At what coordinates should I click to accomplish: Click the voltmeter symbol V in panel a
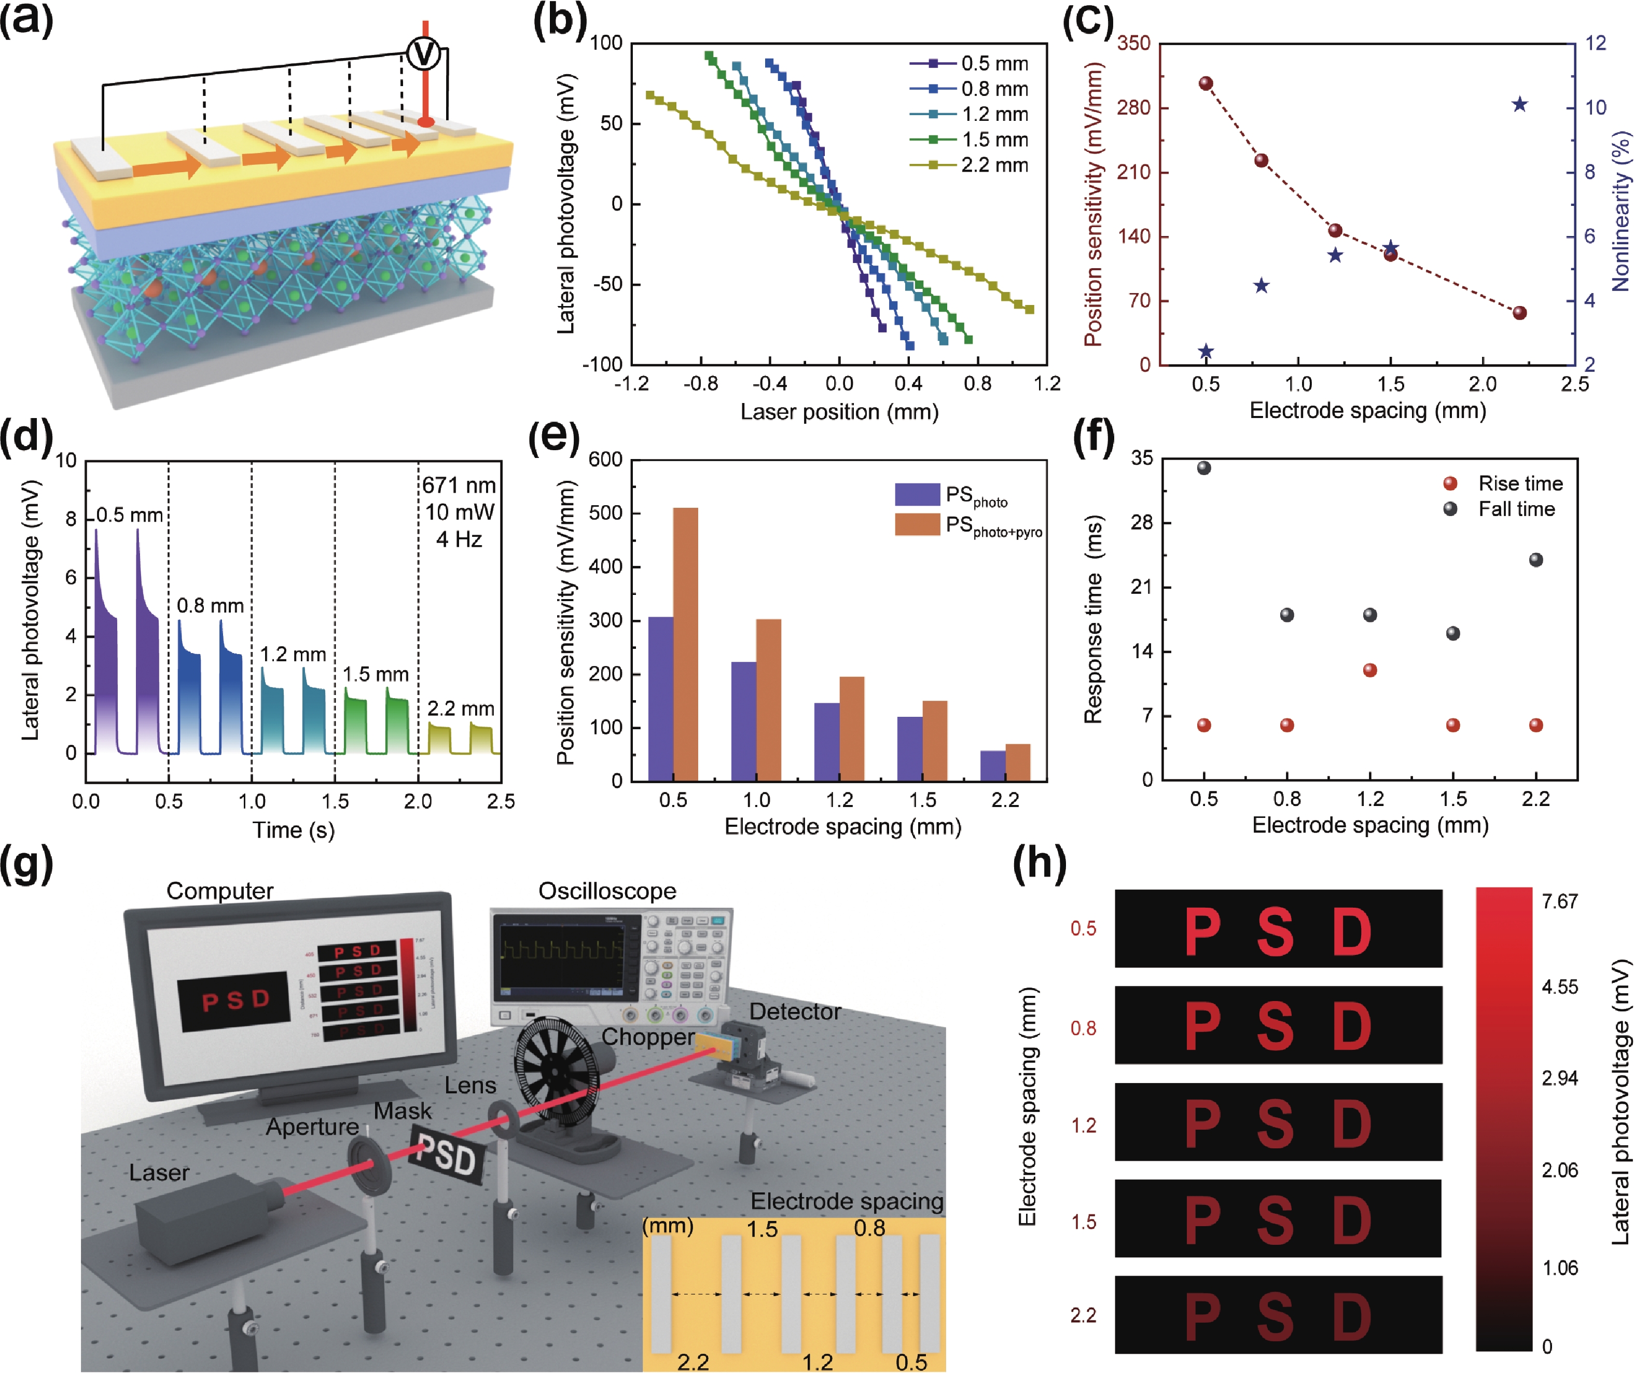tap(424, 54)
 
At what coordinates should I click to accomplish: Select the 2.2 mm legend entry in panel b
tap(994, 165)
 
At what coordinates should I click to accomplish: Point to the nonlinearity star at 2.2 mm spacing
tap(1519, 104)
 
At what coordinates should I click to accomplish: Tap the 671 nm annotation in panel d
tap(459, 485)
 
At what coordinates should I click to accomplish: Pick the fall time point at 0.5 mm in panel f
tap(1203, 468)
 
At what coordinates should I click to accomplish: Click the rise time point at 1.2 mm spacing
tap(1370, 670)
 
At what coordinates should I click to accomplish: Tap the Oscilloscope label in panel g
tap(607, 891)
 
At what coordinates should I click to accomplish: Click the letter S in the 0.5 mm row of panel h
tap(1276, 932)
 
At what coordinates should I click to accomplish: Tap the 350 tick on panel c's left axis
tap(1133, 44)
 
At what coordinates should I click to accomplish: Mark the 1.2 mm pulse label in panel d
tap(293, 654)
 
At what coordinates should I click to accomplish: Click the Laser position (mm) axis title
tap(839, 411)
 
